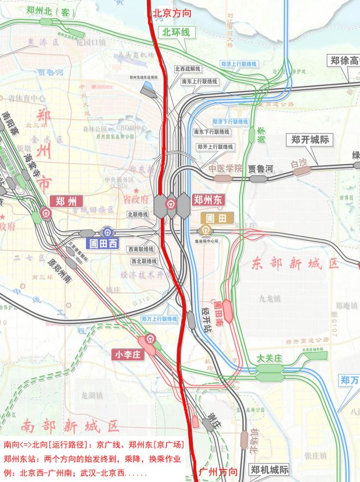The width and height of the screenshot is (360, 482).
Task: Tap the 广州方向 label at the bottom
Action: pos(218,472)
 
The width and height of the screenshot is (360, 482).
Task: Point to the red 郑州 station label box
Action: pos(66,201)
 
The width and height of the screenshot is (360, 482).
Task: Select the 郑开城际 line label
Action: pos(311,140)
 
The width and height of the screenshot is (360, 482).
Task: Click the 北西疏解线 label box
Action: pos(188,69)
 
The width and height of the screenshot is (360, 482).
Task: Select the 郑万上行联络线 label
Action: pos(160,319)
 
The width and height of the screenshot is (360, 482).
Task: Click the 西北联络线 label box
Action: pos(144,261)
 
